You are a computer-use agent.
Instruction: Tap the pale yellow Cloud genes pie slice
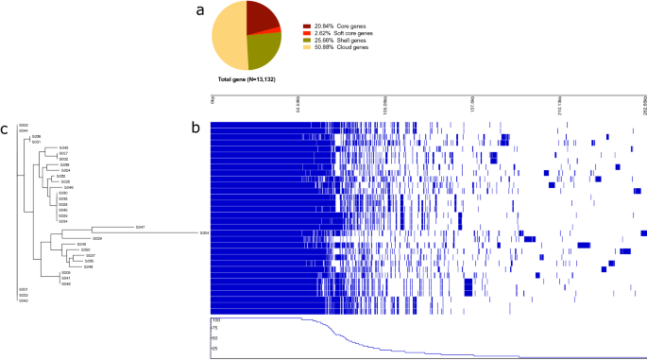pyautogui.click(x=228, y=38)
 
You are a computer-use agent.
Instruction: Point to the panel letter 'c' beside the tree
pyautogui.click(x=6, y=129)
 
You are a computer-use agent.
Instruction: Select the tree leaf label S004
pyautogui.click(x=203, y=233)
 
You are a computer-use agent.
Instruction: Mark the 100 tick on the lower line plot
pyautogui.click(x=214, y=321)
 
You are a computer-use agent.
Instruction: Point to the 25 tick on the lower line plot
pyautogui.click(x=215, y=349)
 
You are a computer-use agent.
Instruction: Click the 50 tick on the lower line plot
pyautogui.click(x=215, y=337)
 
